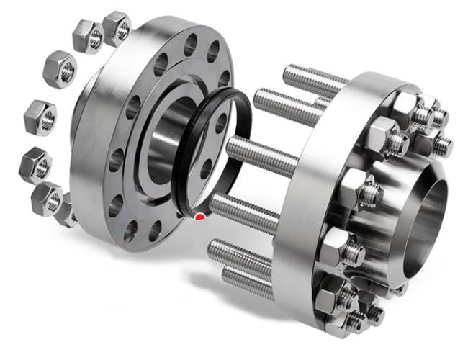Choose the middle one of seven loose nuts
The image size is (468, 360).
tap(39, 116)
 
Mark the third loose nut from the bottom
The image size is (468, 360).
tap(36, 163)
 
